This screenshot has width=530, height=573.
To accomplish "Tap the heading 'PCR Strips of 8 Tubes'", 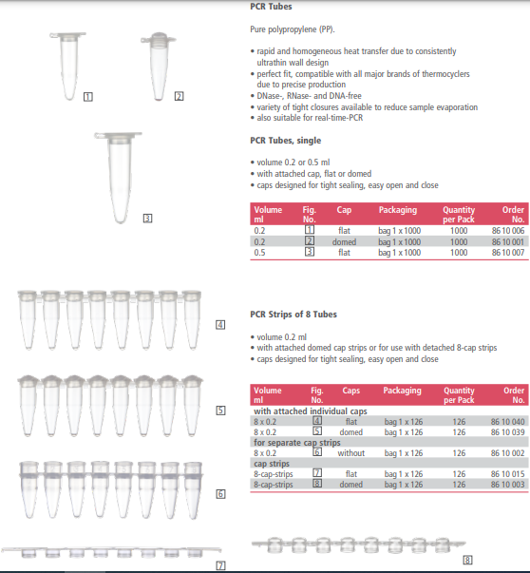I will click(x=294, y=314).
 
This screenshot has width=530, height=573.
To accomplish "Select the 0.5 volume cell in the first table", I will click(x=259, y=253).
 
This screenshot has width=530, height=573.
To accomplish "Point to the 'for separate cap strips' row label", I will click(x=296, y=443).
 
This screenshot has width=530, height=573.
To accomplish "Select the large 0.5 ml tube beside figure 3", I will click(x=115, y=175).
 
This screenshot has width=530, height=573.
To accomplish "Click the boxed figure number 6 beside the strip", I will click(x=219, y=493).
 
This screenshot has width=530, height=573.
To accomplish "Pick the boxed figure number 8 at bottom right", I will click(x=466, y=559).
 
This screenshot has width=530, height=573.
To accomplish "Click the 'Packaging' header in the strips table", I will click(x=402, y=391).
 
